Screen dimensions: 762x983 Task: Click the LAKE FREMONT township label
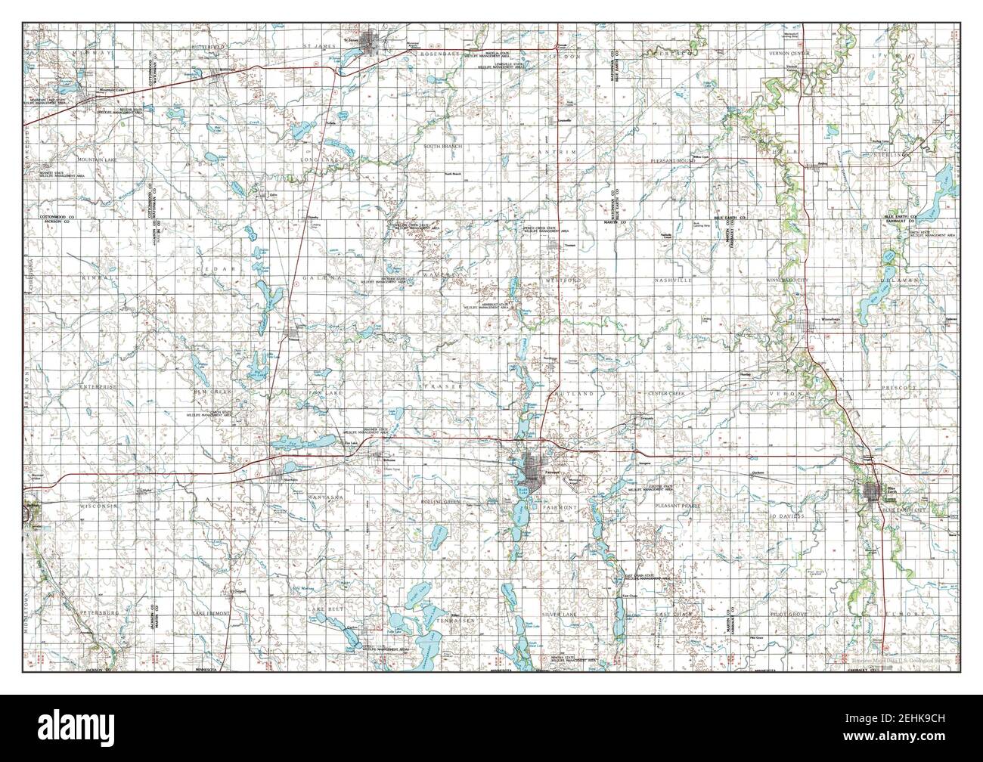[212, 612]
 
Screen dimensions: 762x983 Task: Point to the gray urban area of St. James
[373, 42]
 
